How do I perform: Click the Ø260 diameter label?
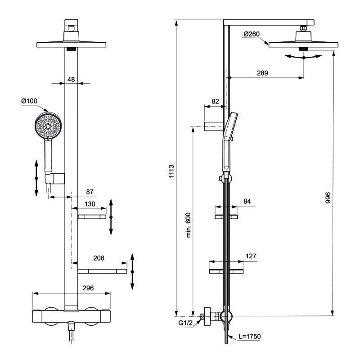point(252,34)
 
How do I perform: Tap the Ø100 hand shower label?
point(29,101)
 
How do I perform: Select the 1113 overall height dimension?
point(171,171)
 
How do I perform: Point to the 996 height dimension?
point(328,198)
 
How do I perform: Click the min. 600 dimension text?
point(188,225)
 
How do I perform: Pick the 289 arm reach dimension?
point(262,73)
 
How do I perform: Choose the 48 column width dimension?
point(71,80)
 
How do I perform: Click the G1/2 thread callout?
point(185,323)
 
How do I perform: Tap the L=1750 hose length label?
point(250,336)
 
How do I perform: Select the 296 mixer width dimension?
point(88,288)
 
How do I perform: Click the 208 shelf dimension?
point(99,258)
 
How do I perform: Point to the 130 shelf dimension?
point(90,204)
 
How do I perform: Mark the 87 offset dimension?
point(90,192)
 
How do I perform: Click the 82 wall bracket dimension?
point(215,101)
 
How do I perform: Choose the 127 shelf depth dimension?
point(251,256)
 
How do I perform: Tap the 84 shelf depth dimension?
point(247,201)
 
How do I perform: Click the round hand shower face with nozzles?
point(48,126)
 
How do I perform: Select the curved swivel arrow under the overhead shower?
point(303,57)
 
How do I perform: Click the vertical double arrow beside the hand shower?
point(36,178)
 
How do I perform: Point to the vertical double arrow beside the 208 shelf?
point(132,272)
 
